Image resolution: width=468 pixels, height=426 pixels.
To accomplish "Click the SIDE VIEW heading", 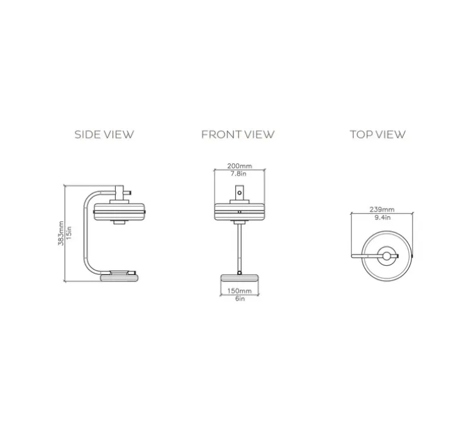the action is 104,134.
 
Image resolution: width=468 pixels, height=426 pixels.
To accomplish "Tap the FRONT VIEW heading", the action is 238,134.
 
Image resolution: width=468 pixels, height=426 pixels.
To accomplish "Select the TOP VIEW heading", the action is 377,134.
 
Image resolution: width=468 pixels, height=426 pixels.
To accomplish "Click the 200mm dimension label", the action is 240,166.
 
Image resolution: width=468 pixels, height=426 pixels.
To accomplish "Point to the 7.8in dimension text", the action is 238,173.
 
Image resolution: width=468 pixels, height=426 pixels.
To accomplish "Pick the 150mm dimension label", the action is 240,291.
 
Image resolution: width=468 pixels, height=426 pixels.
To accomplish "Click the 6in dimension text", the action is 240,298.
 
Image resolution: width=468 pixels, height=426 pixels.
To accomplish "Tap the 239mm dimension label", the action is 382,209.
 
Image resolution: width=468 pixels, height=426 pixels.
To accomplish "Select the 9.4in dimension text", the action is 382,217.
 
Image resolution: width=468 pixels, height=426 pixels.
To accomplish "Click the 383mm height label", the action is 61,233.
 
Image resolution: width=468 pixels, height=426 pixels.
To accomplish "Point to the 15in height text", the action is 69,233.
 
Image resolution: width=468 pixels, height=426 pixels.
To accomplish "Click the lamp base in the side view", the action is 120,278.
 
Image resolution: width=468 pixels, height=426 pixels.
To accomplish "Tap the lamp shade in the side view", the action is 120,212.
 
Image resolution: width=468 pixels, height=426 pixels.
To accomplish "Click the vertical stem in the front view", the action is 240,248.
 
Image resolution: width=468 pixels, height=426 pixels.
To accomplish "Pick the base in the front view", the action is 240,278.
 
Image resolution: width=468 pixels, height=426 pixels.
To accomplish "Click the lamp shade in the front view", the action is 240,212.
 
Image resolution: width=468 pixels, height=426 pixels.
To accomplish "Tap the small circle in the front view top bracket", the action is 240,193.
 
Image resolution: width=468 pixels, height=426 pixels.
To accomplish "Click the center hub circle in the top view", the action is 386,256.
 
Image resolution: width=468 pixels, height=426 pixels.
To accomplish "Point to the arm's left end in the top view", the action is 352,256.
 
